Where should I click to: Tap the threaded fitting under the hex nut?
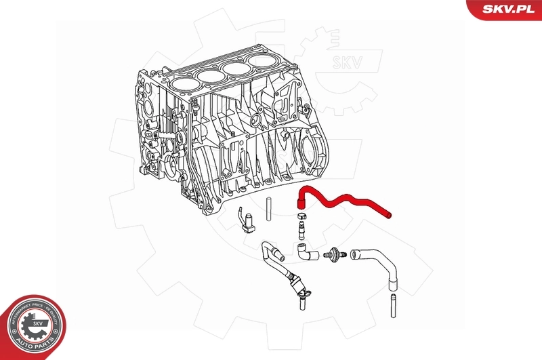coord(299,231)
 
